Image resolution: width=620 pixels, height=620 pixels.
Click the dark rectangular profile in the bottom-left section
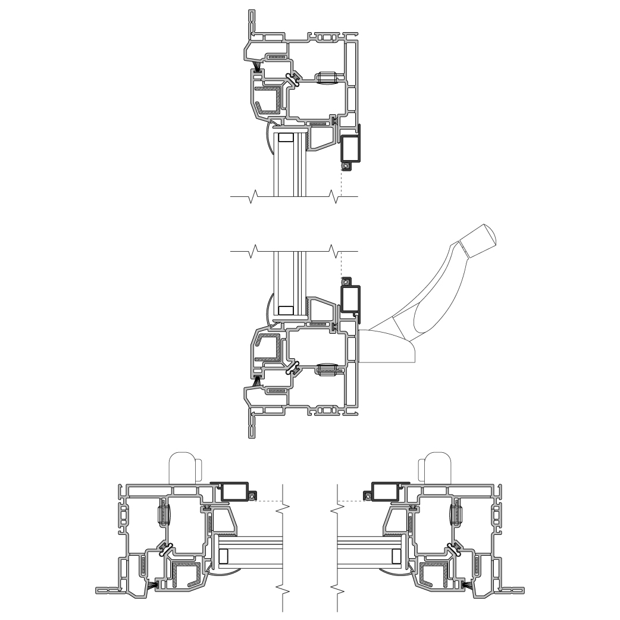point(234,491)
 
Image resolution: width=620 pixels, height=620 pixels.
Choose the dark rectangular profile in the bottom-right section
point(385,491)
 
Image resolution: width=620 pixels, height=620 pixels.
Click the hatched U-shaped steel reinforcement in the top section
point(268,100)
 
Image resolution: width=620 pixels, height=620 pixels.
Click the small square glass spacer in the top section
point(286,137)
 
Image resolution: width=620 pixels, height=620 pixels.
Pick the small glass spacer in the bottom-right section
point(395,556)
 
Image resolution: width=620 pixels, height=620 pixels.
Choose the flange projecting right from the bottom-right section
point(513,591)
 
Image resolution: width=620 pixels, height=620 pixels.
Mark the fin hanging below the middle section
point(252,425)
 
